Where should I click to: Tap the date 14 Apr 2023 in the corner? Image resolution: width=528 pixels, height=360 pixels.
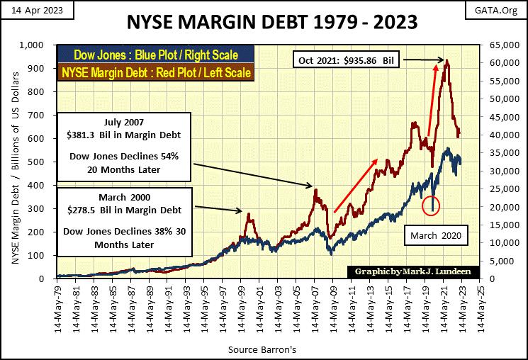pyautogui.click(x=30, y=8)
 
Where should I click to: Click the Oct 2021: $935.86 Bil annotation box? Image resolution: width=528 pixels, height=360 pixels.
pyautogui.click(x=347, y=61)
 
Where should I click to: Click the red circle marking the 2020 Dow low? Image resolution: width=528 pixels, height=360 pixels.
pyautogui.click(x=432, y=206)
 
